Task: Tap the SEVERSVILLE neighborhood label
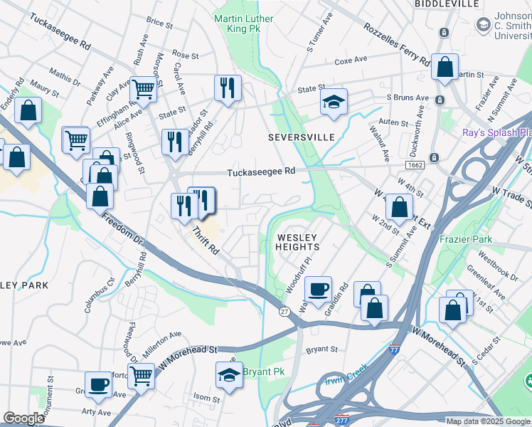click(x=301, y=137)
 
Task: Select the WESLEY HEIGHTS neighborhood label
click(x=297, y=241)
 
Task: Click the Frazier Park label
click(x=466, y=240)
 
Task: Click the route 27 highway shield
click(x=284, y=312)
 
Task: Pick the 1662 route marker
click(x=415, y=164)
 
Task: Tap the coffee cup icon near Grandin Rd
click(x=318, y=288)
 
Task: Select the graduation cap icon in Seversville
click(x=333, y=100)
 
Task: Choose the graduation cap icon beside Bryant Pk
click(x=229, y=374)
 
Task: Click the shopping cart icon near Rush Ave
click(x=143, y=90)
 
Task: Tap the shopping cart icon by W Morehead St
click(x=142, y=374)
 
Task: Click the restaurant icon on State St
click(x=228, y=88)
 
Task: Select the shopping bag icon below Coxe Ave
click(x=445, y=68)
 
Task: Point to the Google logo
click(x=23, y=418)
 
